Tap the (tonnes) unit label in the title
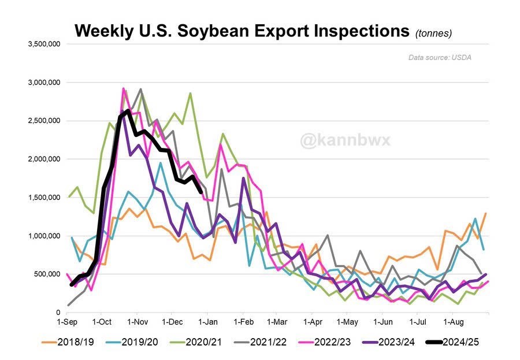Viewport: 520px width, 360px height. point(433,34)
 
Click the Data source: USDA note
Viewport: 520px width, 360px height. point(440,57)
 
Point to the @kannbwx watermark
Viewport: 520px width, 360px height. point(346,140)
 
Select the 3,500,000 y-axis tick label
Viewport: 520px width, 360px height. point(44,44)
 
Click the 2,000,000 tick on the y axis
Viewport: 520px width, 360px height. point(44,159)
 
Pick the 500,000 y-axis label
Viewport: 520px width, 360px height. point(47,274)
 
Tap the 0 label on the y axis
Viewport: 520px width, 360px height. point(58,312)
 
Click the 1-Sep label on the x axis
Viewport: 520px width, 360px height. point(67,322)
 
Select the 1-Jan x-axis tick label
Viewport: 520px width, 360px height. point(208,322)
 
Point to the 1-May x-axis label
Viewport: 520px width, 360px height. point(347,322)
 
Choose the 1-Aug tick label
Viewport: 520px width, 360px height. point(454,322)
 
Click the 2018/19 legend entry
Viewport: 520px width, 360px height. point(68,342)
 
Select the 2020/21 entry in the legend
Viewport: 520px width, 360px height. point(196,342)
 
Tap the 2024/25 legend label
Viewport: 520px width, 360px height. point(452,342)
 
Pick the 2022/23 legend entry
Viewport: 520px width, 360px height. point(325,342)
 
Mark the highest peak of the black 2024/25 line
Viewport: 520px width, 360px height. point(128,110)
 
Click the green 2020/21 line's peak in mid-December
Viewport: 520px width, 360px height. point(190,93)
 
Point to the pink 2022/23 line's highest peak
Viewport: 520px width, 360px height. point(124,88)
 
